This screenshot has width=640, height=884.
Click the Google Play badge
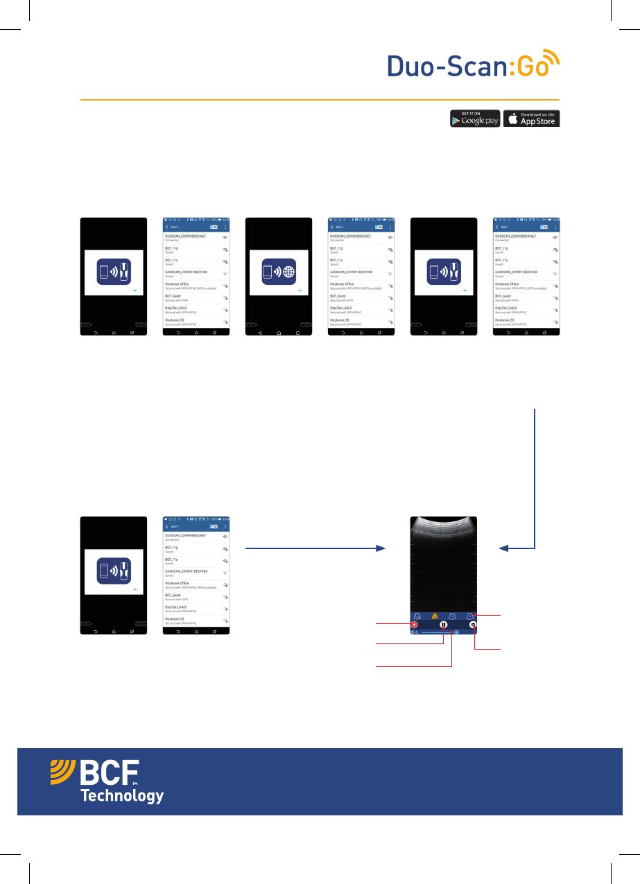pos(475,119)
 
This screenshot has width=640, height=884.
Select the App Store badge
pos(531,119)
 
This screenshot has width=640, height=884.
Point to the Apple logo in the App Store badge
pos(512,119)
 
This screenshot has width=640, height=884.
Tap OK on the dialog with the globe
pos(300,291)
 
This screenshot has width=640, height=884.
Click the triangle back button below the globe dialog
pos(260,333)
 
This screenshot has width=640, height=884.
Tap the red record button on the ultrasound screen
pos(415,624)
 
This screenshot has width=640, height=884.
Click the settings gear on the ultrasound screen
pos(473,624)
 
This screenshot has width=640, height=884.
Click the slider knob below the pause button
pos(457,633)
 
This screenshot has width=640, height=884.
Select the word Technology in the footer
pos(122,796)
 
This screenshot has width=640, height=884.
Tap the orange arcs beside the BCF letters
pos(63,773)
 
